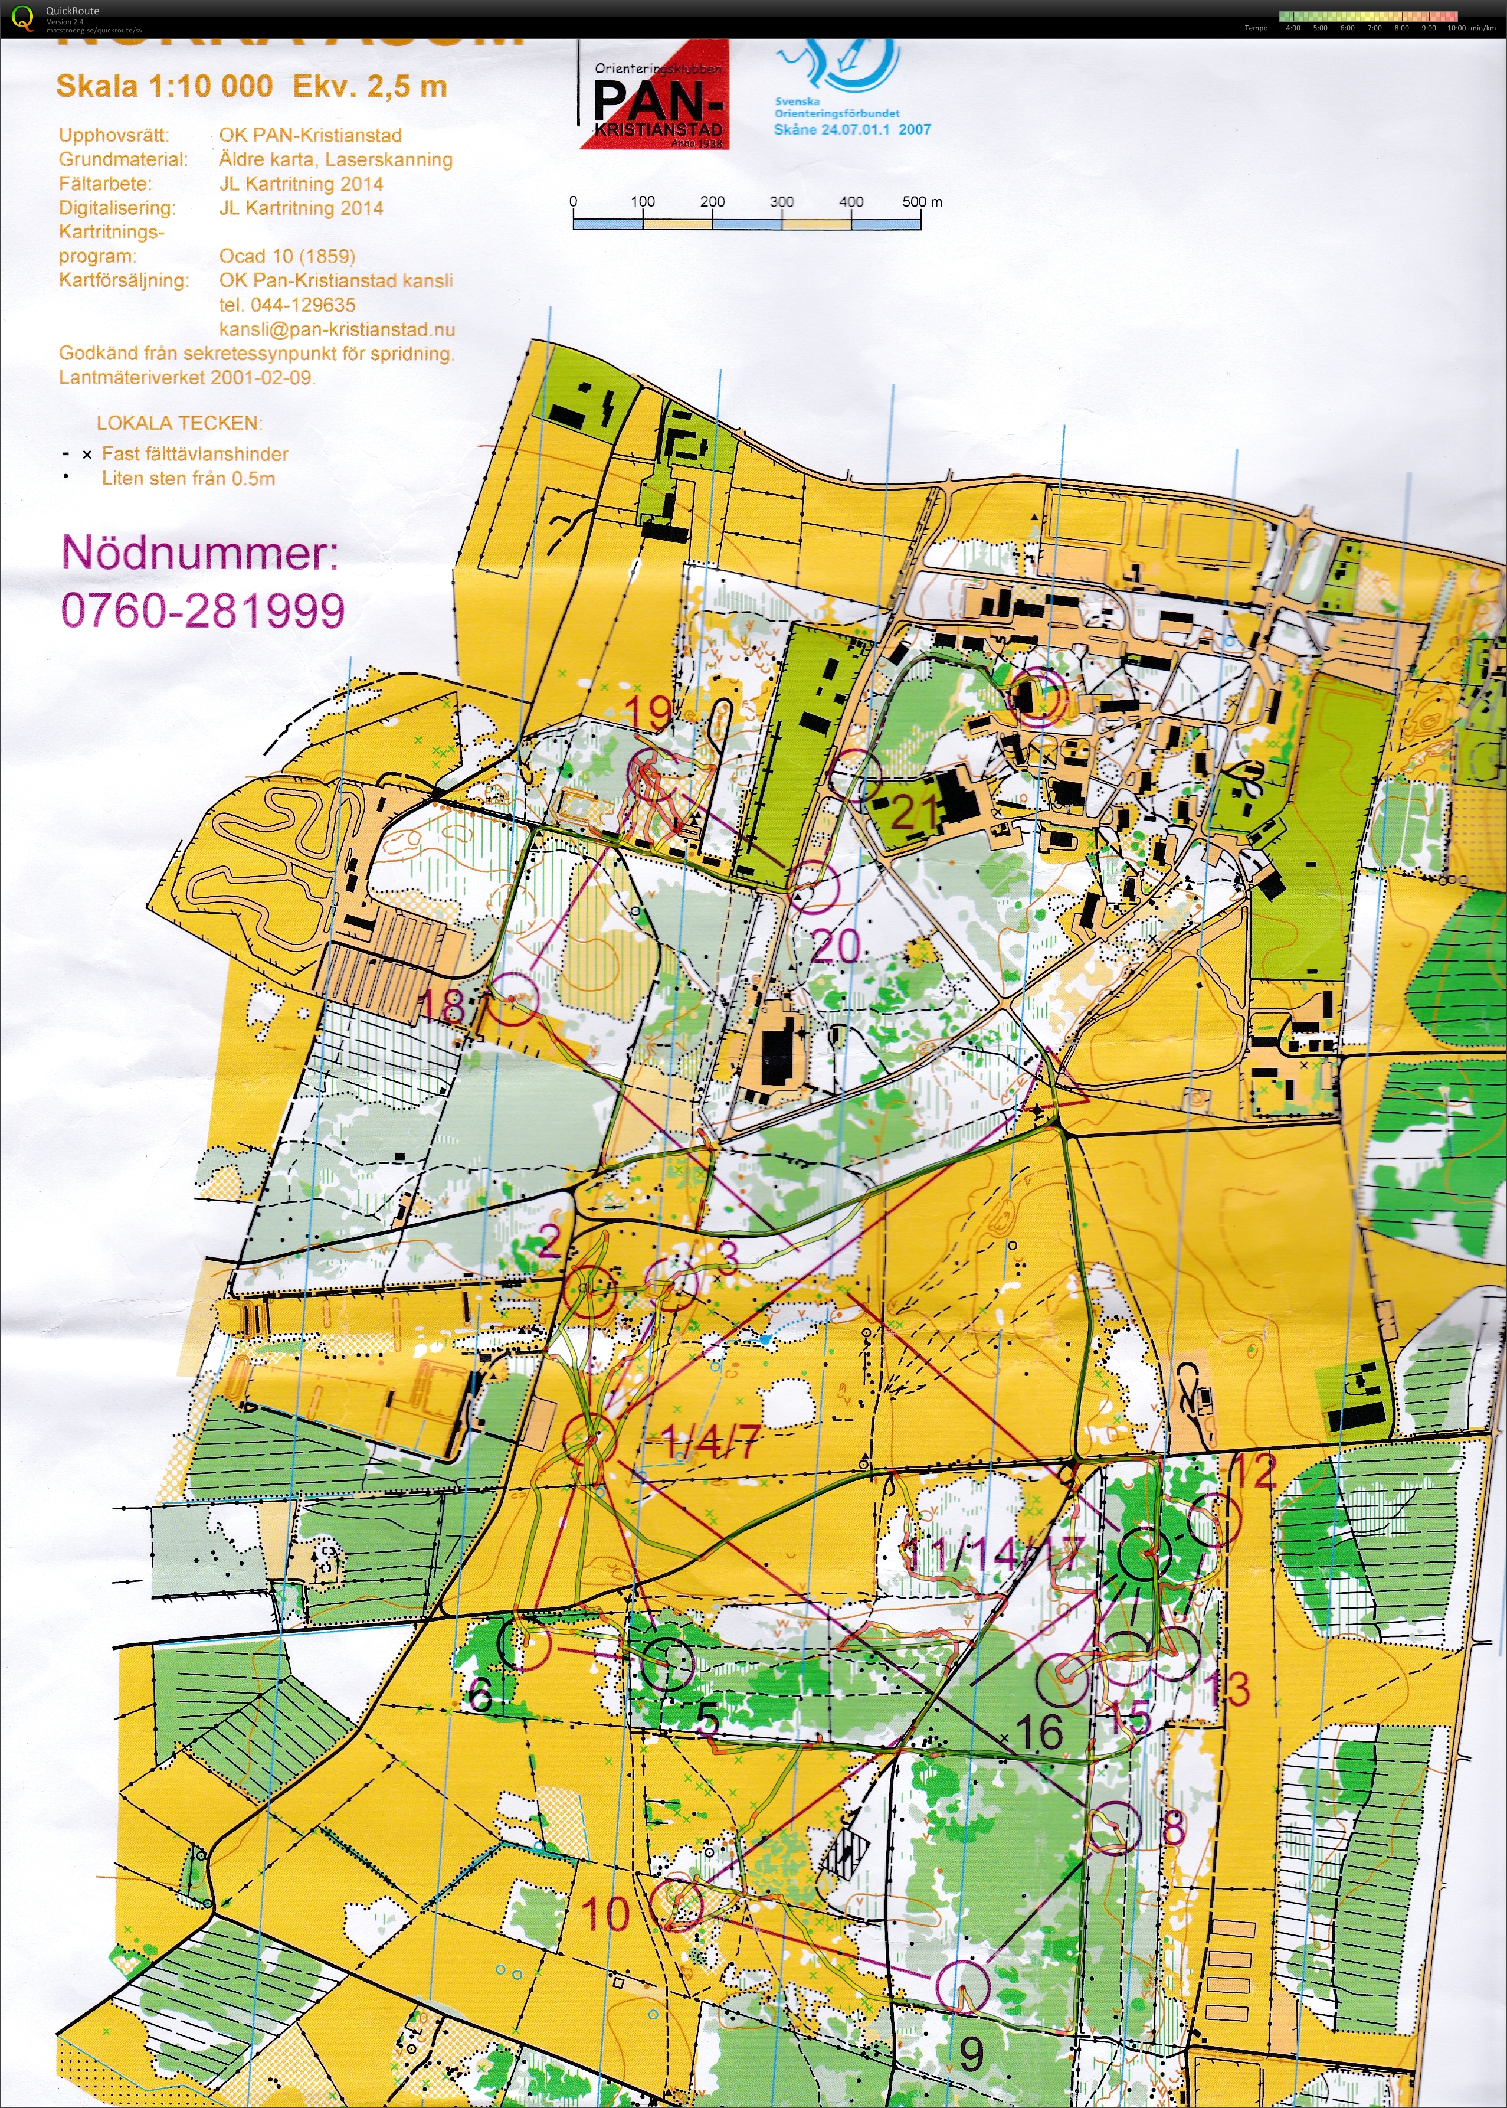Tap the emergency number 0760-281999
tap(202, 611)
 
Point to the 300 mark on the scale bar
tap(781, 201)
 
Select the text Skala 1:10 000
tap(164, 86)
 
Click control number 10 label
tap(605, 1914)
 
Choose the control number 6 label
tap(480, 1697)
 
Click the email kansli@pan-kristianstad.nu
tap(337, 329)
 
